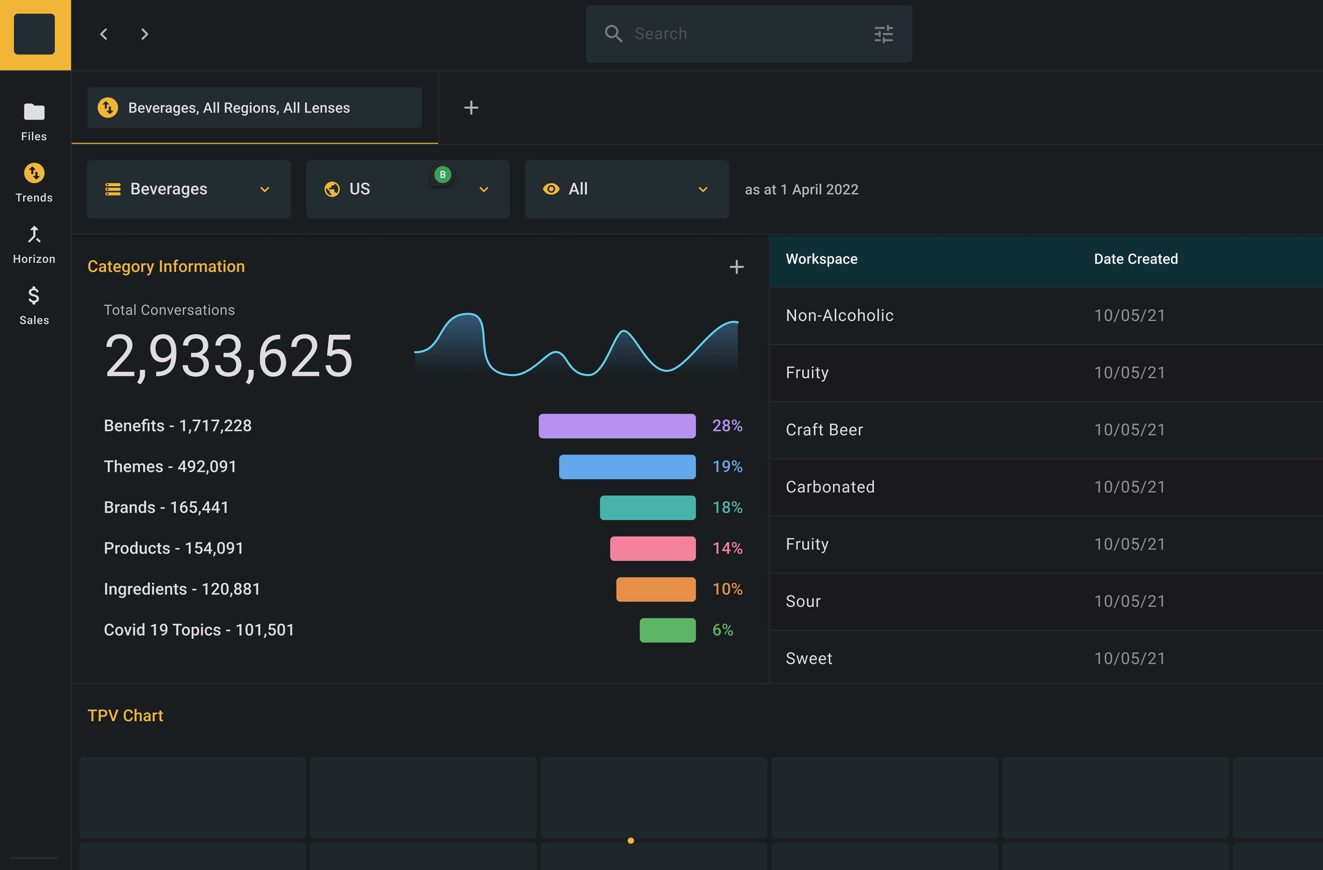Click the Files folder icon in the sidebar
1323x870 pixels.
(34, 112)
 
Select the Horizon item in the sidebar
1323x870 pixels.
(34, 244)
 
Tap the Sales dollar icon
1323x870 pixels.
(34, 295)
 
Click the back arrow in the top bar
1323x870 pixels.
(103, 34)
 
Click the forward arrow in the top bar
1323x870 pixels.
(144, 34)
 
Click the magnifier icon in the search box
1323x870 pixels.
(613, 34)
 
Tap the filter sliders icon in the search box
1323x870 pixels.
(883, 34)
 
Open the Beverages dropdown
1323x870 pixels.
(188, 189)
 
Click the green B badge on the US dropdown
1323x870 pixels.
(442, 175)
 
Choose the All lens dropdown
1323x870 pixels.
(627, 189)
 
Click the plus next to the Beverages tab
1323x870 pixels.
(471, 107)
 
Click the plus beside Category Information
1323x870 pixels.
(737, 267)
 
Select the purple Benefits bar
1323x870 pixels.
(617, 426)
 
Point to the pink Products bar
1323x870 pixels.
(653, 548)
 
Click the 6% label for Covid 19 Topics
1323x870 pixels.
(723, 630)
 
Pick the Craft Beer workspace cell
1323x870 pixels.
(824, 430)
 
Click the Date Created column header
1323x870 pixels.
(1136, 259)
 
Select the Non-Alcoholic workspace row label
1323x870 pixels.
(839, 315)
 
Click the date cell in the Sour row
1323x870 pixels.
(1129, 601)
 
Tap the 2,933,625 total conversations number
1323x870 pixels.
(229, 356)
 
